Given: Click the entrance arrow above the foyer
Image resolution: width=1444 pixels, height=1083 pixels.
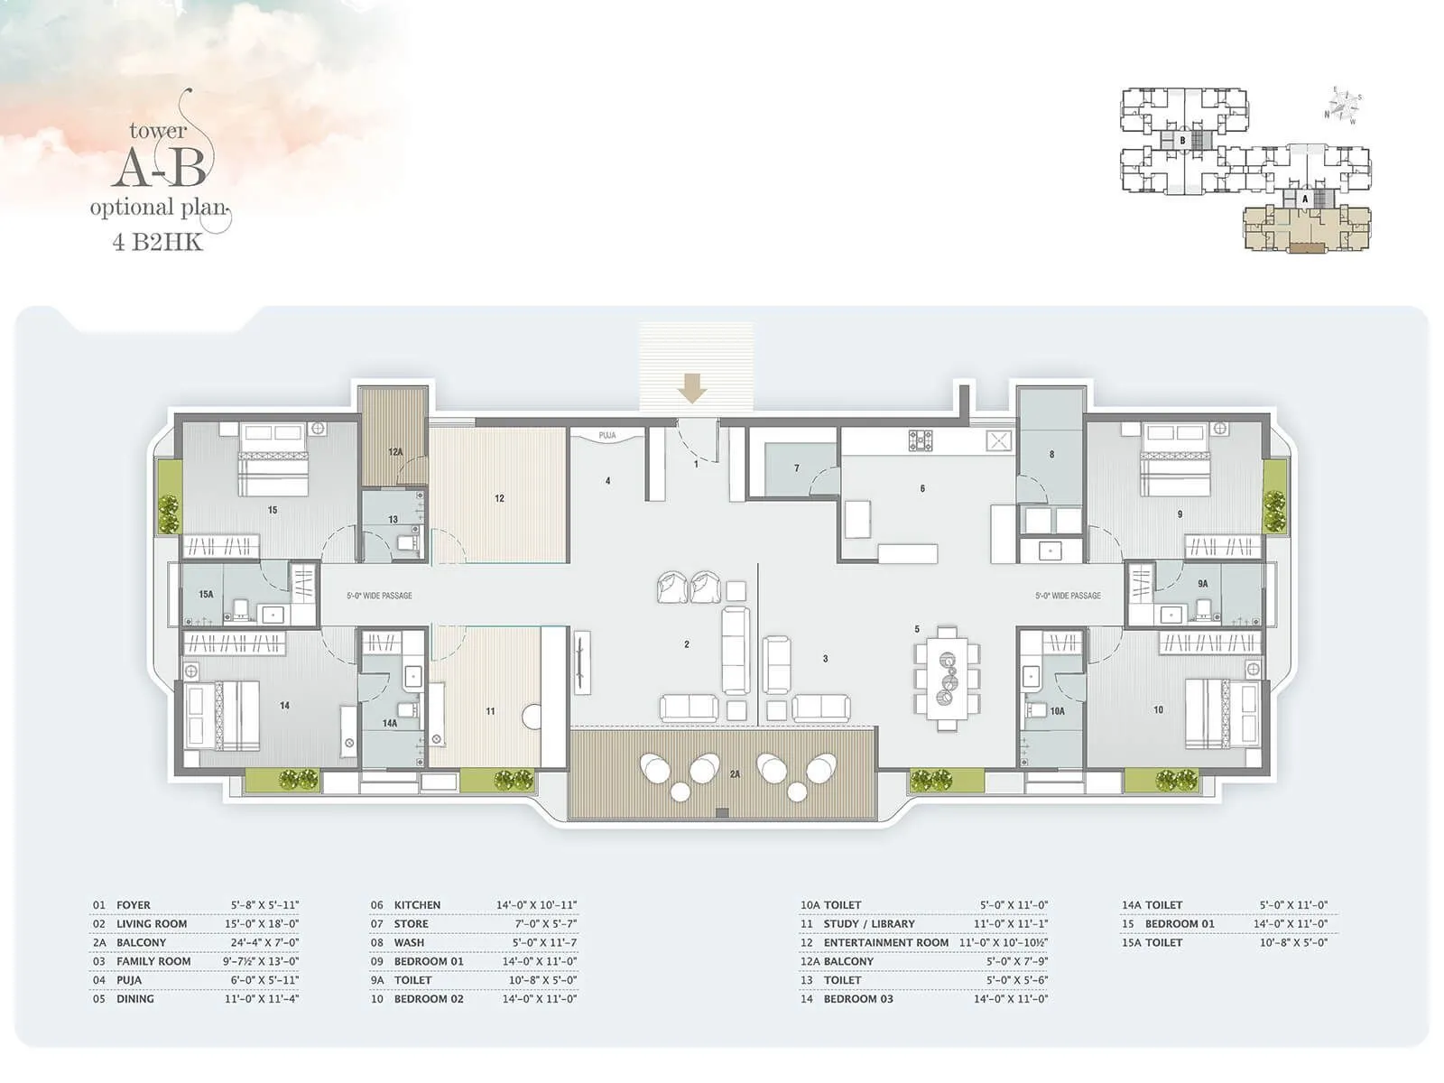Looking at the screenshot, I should [692, 389].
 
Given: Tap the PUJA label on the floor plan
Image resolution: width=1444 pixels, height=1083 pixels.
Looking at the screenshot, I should [607, 436].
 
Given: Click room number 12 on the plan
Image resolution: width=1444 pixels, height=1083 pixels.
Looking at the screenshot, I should [499, 498].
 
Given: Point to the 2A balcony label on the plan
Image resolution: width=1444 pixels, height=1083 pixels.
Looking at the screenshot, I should [735, 774].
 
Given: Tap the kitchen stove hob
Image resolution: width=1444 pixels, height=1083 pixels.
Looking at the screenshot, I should [920, 440].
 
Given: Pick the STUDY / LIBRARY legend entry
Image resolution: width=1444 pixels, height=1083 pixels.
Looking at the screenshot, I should [868, 924].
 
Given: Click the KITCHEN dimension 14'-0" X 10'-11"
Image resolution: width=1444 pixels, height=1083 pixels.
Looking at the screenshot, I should [536, 905].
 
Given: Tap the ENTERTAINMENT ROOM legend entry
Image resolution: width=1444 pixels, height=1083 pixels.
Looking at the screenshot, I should [885, 943].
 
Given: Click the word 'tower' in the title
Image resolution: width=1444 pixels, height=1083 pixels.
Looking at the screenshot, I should [158, 132].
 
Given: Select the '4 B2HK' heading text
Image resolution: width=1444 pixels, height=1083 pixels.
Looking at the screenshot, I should [158, 242].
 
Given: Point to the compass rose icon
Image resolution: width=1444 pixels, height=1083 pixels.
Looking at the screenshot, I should [1343, 105].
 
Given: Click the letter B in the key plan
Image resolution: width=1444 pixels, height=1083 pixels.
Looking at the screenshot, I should [1182, 141].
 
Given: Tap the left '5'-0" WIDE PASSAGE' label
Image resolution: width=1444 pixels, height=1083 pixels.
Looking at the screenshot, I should [379, 596].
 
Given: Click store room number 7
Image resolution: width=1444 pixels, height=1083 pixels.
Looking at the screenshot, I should [796, 468].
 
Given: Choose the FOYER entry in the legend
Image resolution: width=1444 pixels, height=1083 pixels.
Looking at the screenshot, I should [133, 905].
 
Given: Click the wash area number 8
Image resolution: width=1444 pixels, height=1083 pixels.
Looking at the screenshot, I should [1051, 455].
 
